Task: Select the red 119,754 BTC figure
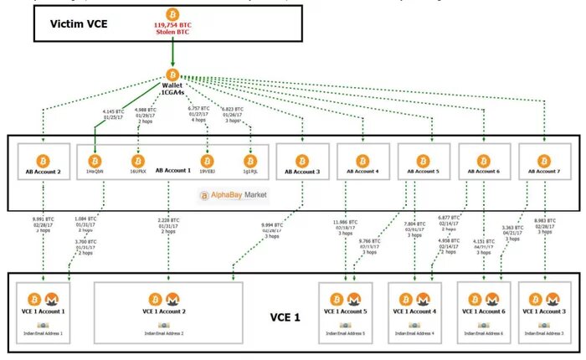[x=172, y=25]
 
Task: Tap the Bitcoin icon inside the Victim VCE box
[x=172, y=13]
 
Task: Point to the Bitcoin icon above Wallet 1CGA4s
[x=172, y=75]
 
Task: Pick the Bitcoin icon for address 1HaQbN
[x=95, y=159]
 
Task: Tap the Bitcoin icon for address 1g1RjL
[x=249, y=159]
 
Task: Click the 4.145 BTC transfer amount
[x=114, y=112]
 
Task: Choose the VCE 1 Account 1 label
[x=42, y=311]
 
